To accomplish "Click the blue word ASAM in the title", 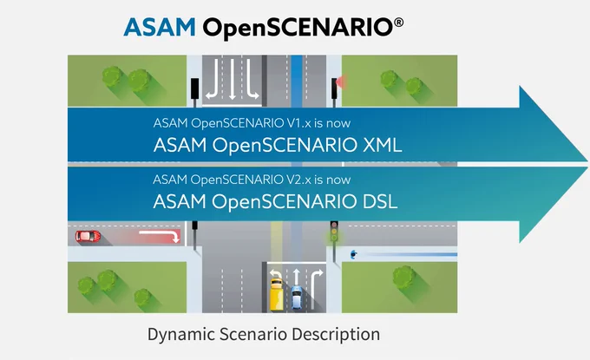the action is coord(160,27).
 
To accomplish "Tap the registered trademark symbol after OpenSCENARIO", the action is coord(398,23).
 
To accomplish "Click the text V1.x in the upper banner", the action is coord(299,123).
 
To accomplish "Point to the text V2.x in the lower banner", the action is coord(299,180).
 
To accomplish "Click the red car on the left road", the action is coord(88,236).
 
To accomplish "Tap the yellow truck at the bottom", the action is coord(277,292).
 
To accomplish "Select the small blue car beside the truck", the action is coord(297,297).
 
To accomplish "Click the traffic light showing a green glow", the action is coord(334,232).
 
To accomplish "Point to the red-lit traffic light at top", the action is coord(335,88).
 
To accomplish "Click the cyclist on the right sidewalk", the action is coord(353,255).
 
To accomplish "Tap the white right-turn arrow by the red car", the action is coord(159,235).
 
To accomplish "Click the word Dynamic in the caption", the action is coord(180,335).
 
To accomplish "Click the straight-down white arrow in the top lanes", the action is coord(233,79).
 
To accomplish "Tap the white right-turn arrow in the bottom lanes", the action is coord(316,289).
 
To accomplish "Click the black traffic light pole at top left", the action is coord(194,88).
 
